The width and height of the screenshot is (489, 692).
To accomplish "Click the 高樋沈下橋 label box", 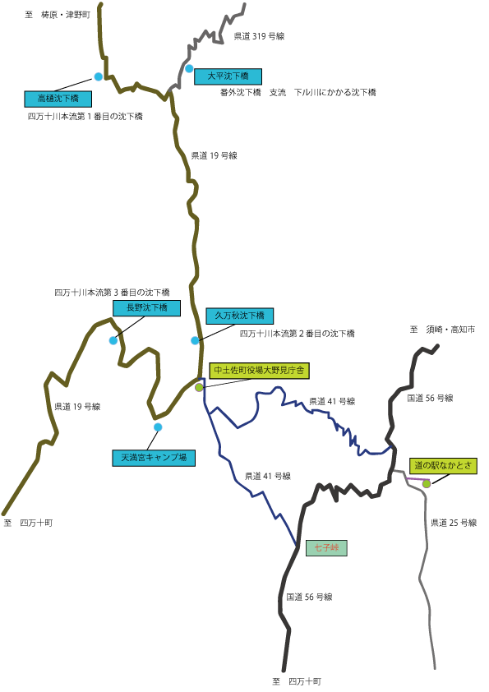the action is pos(58,99).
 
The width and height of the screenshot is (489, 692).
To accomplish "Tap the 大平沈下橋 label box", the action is pos(228,76).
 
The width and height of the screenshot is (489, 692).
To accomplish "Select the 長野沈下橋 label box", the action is pos(146,308).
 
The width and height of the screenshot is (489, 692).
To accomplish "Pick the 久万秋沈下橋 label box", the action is pos(240,316).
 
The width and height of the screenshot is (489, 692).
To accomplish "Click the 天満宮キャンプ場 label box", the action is pos(154,458).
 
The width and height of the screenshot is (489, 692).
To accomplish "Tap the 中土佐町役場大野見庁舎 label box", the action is pos(259,371).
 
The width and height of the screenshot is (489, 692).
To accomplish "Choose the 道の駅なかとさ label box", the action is pos(443,466).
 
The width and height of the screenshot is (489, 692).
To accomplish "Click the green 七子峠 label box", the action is pos(326,547).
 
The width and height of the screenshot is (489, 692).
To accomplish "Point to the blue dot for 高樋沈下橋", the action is pos(99,76).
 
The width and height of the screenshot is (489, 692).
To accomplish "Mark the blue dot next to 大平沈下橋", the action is pos(189,68).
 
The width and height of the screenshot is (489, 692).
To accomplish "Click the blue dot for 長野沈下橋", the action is pos(113,340).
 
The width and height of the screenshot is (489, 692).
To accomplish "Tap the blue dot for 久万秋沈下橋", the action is pos(195,340).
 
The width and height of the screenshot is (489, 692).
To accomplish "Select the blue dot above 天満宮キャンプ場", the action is pos(158,427).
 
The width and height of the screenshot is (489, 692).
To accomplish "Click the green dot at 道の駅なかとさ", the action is pos(427,484).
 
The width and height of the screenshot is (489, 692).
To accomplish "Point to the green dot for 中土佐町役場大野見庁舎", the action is pos(199,387).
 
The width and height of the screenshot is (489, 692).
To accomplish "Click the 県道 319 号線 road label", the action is pos(259,37).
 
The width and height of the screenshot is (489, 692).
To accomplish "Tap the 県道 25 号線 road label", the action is pos(454,523).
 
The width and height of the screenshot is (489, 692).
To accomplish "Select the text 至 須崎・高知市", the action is pos(443,330).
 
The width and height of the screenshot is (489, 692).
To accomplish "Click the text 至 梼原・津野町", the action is pos(58,15).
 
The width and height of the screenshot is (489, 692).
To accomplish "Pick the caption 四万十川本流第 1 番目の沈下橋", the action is pos(85,117).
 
